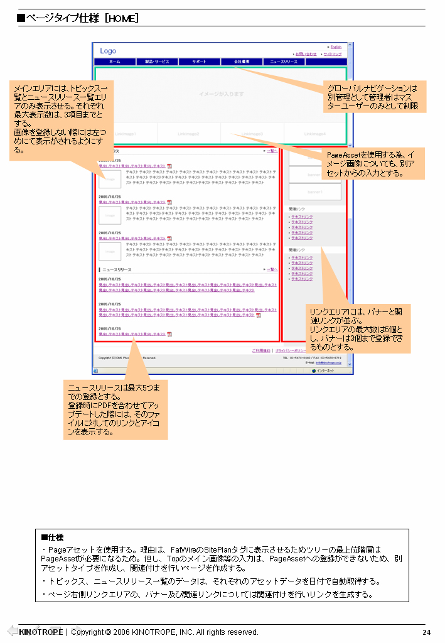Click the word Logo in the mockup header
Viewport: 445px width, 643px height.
tap(108, 51)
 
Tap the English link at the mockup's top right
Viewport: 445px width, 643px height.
tap(336, 47)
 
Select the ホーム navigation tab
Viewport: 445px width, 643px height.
tap(115, 62)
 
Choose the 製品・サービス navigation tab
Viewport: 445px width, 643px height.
tap(157, 62)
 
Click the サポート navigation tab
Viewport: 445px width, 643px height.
tap(199, 62)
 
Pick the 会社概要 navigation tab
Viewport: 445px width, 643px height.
tap(242, 62)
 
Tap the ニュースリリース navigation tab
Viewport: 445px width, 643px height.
tap(284, 62)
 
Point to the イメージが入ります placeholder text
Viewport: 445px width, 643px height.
tap(221, 94)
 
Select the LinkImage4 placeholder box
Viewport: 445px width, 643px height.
tap(315, 134)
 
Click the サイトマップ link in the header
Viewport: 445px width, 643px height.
tap(333, 54)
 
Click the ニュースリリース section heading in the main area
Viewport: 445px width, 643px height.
tap(117, 269)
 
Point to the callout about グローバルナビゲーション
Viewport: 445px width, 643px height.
tap(374, 97)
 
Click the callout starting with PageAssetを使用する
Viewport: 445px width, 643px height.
tap(374, 163)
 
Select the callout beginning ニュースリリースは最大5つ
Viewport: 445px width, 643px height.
tap(115, 409)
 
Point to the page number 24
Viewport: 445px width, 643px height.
tap(426, 632)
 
